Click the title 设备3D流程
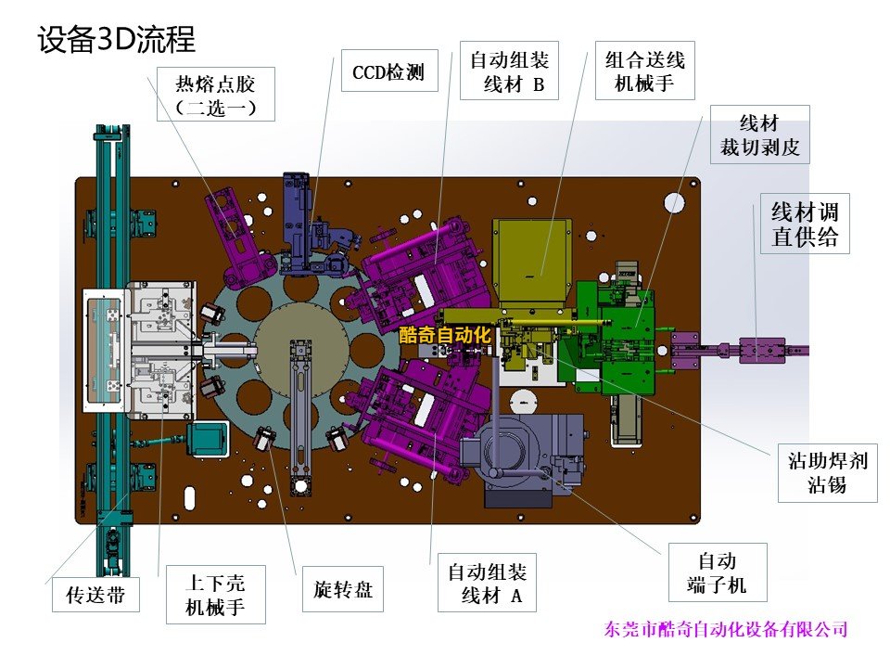(117, 40)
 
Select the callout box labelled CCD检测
(389, 71)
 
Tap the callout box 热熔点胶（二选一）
(216, 95)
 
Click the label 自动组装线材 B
(509, 71)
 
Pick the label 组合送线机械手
(645, 71)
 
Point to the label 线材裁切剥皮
(759, 135)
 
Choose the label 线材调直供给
(805, 224)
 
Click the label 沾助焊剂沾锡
(828, 472)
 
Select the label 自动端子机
(718, 572)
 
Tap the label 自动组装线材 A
(487, 583)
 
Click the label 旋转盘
(343, 589)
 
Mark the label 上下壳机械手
(216, 594)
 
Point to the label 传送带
(95, 595)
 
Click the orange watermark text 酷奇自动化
(445, 335)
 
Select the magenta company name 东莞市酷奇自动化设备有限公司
(726, 629)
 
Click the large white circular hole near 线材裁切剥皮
(674, 203)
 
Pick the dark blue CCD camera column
(298, 223)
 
